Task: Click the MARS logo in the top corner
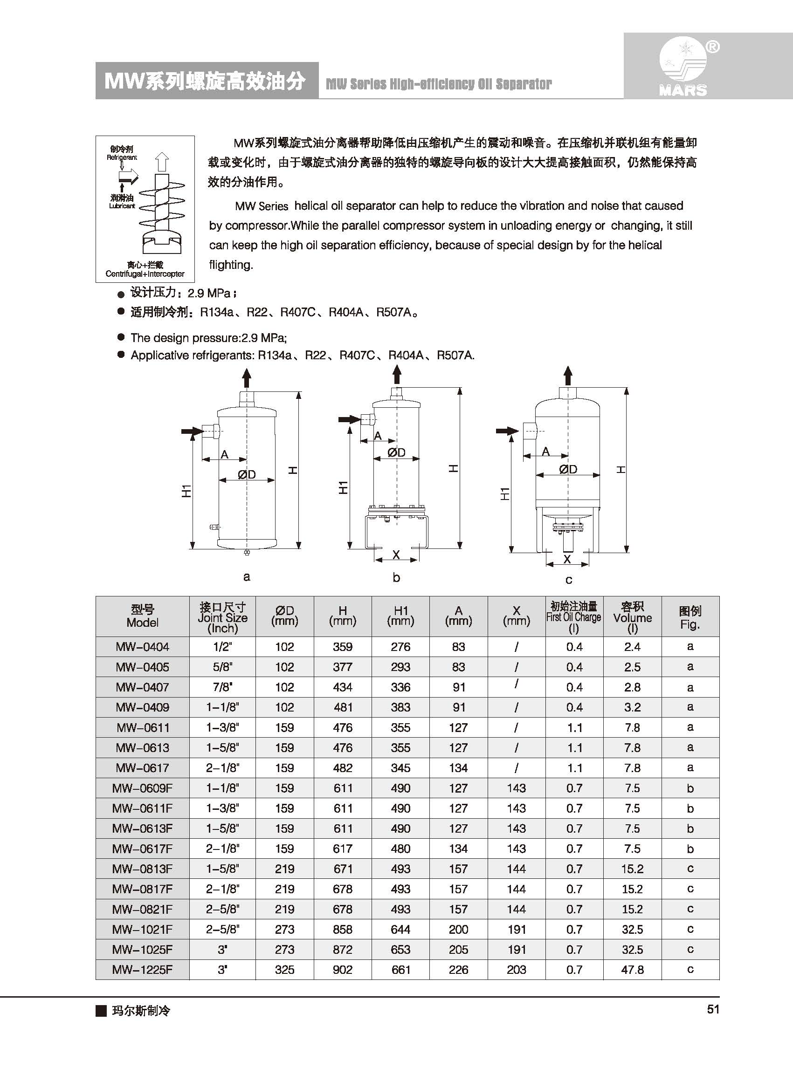point(683,67)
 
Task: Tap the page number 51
point(713,1009)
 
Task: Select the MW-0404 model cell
point(142,647)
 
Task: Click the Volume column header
point(632,617)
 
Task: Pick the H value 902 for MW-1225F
point(342,970)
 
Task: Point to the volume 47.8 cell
point(632,970)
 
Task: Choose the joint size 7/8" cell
point(222,687)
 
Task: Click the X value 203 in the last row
point(516,970)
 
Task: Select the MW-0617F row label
point(142,849)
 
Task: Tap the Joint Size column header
point(222,617)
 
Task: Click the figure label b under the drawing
point(396,577)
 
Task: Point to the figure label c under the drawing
point(568,580)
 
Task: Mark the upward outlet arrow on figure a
point(247,378)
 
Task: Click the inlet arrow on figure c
point(507,431)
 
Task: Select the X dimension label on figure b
point(396,555)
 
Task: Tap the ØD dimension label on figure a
point(247,474)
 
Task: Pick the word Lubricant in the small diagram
point(122,206)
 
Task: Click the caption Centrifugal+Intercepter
point(145,274)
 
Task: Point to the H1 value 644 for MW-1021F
point(400,929)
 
